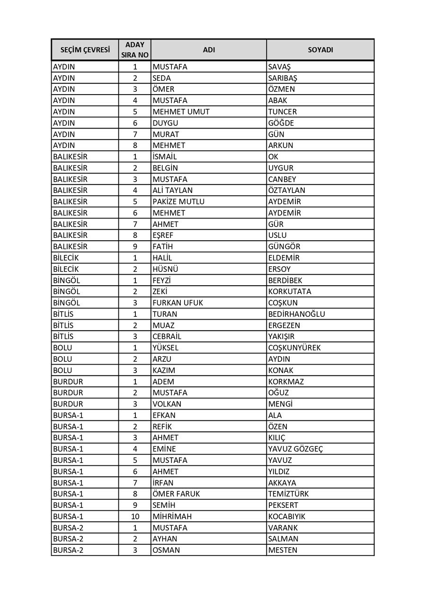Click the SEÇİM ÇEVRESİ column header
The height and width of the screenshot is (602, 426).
(85, 50)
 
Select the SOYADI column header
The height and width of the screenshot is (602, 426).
(320, 50)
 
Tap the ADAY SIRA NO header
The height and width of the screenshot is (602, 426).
(135, 50)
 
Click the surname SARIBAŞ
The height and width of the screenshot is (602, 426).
(283, 78)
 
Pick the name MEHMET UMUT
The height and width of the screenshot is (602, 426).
(181, 112)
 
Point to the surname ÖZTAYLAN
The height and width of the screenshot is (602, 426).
(286, 191)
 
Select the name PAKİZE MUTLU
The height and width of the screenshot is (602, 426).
(178, 201)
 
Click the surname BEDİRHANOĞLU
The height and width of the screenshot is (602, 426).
(296, 314)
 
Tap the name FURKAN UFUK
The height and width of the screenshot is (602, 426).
(177, 303)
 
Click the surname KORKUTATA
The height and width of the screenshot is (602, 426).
(290, 291)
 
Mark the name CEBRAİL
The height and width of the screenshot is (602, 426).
(167, 337)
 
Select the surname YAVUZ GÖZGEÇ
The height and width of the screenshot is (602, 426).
(295, 449)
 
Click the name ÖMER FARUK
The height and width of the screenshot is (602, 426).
(176, 494)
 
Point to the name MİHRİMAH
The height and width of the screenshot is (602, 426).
(172, 516)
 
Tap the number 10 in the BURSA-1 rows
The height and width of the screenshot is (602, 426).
(135, 516)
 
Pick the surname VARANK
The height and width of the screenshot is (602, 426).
(283, 528)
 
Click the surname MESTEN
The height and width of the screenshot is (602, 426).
(283, 550)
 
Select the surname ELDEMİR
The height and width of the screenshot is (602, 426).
(284, 258)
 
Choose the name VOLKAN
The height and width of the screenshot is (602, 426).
(167, 404)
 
